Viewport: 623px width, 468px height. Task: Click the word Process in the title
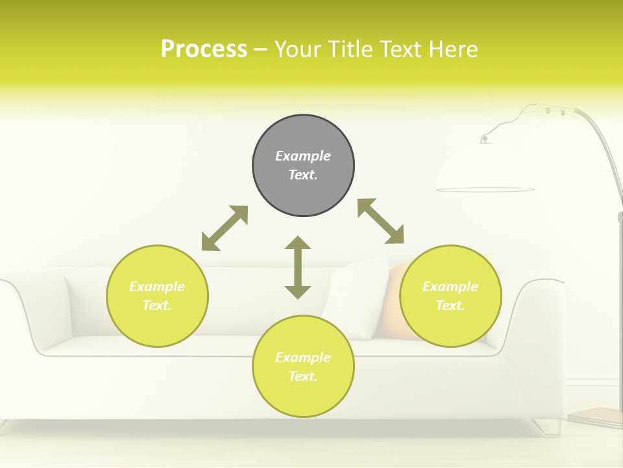204,49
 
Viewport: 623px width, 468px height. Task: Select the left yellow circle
157,318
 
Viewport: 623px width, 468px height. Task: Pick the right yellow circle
450,318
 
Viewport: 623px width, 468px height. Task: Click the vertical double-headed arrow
298,267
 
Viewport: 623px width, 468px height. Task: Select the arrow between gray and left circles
225,228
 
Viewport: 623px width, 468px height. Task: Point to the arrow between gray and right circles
380,221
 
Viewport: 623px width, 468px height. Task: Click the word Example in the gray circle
303,156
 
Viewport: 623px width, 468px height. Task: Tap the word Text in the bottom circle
302,376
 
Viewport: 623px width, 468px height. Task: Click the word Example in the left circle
157,287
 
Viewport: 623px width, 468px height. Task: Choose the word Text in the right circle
450,305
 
